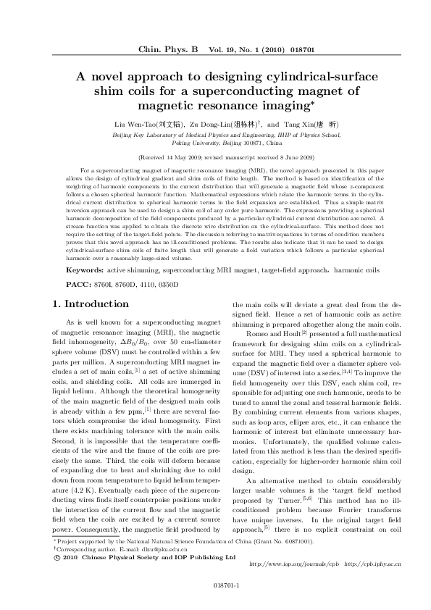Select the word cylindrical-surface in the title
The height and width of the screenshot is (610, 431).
(x=300, y=78)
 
